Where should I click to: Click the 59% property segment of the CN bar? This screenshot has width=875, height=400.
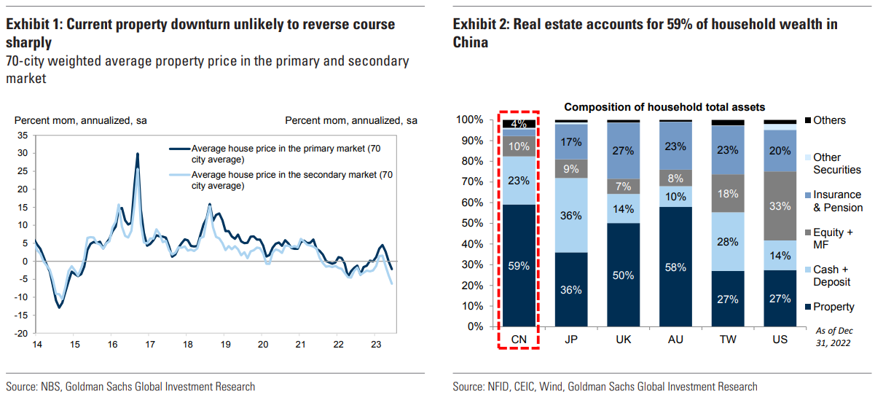tap(519, 267)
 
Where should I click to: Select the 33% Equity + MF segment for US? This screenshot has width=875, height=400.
tap(779, 205)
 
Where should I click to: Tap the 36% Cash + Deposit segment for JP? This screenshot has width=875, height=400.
tap(570, 216)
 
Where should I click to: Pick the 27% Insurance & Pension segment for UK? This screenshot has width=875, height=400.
tap(622, 151)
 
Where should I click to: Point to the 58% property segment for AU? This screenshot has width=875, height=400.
tap(675, 267)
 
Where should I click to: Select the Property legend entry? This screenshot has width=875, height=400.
tap(833, 307)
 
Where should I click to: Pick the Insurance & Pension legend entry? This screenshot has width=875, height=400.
tap(836, 201)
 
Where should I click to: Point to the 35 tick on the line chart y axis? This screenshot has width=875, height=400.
tap(23, 135)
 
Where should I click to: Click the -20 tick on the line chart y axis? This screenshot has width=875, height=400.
tap(21, 332)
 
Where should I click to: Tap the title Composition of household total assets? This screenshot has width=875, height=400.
tap(664, 107)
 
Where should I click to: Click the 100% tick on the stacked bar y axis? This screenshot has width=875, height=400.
tap(470, 119)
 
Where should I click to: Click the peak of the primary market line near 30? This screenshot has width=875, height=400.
tap(137, 154)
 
